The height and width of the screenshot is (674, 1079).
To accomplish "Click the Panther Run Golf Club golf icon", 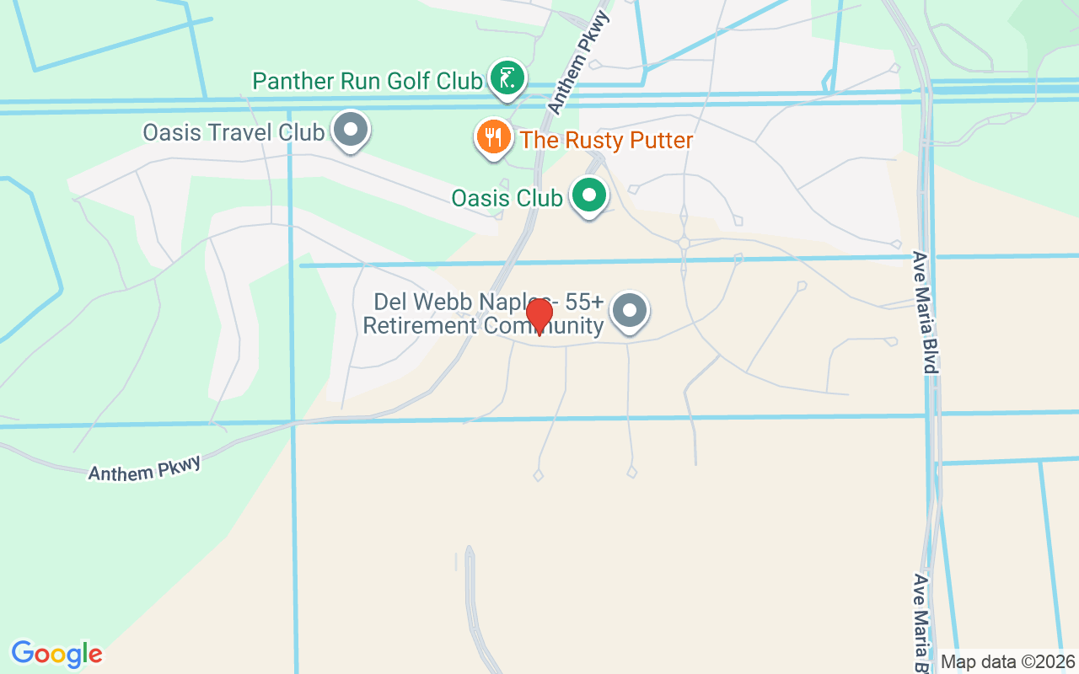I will click(x=506, y=78).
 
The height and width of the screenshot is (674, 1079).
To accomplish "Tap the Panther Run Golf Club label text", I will click(x=368, y=82).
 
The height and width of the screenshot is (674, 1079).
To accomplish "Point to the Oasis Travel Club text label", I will click(x=234, y=133).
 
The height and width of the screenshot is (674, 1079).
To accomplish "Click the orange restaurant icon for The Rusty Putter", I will click(x=493, y=136).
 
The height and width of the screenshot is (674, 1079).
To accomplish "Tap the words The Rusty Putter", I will click(x=606, y=140).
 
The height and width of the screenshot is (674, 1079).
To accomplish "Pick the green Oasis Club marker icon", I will click(x=589, y=195).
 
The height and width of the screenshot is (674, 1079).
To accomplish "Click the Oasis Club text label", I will click(x=507, y=198).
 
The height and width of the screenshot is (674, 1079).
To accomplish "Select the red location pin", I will click(x=539, y=316).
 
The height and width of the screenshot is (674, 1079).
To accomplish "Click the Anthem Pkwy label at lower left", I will click(x=145, y=468).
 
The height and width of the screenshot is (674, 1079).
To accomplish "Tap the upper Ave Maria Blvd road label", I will click(x=925, y=312).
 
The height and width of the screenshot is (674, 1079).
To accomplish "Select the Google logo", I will click(x=57, y=654).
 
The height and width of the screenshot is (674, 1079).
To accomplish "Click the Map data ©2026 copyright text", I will click(x=1007, y=662).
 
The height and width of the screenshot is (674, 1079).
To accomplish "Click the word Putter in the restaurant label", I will click(x=654, y=140).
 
